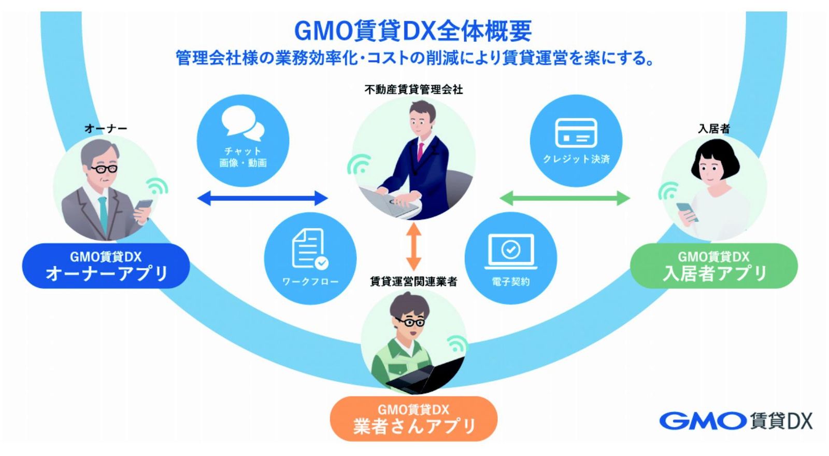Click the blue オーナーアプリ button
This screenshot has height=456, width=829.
[x=106, y=266]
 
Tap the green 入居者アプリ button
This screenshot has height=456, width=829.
[x=714, y=266]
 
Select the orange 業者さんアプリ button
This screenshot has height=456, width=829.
[x=414, y=419]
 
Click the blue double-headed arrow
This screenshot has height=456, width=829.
[x=263, y=198]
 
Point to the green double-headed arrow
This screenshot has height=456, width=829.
[x=565, y=198]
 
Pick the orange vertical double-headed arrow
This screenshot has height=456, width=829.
[x=414, y=246]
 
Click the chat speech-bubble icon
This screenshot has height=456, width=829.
[x=243, y=123]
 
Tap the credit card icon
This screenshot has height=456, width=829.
[x=576, y=133]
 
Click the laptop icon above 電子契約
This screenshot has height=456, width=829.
[x=511, y=251]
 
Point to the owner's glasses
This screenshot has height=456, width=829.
[x=104, y=169]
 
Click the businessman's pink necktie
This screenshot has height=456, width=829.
[x=420, y=151]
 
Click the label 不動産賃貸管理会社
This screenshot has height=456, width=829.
[x=414, y=90]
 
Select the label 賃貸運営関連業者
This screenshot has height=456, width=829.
[x=414, y=282]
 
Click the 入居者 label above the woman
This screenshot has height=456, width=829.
[x=714, y=129]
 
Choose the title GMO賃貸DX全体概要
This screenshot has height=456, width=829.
[x=413, y=31]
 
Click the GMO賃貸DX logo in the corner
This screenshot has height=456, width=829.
[x=736, y=421]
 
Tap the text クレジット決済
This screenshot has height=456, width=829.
[x=576, y=159]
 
